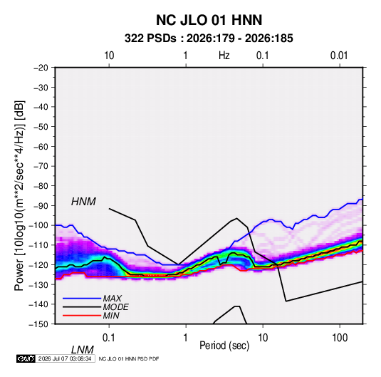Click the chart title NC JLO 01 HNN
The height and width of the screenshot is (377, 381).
209,20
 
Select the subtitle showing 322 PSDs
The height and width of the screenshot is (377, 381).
209,38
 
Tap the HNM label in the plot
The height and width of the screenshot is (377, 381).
83,202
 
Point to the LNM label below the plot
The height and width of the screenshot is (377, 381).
82,350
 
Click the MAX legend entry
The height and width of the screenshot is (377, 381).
112,298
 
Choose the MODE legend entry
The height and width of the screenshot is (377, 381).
115,307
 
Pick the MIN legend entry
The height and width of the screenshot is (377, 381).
111,316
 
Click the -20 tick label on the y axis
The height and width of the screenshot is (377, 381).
41,68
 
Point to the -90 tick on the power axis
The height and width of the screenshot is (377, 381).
41,206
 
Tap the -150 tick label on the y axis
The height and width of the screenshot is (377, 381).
38,324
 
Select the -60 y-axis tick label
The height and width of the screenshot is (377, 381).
41,146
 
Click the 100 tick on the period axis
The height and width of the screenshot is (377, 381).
340,338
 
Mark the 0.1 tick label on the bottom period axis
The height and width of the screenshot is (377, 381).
109,338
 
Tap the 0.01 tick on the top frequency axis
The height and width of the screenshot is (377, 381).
339,56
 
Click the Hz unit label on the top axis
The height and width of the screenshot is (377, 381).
224,56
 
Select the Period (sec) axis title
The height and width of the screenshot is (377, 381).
224,346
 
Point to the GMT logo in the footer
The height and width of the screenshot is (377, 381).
26,358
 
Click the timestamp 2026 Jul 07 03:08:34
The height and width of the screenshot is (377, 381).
65,358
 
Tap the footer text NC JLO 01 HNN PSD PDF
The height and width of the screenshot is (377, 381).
129,358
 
